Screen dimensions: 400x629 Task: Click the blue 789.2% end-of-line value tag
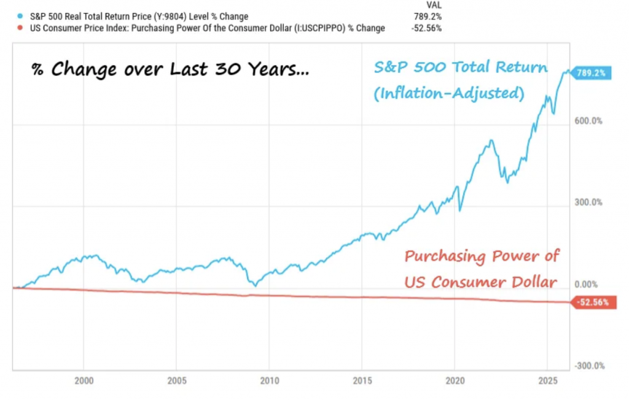(590, 73)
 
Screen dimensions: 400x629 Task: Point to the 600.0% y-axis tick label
(588, 121)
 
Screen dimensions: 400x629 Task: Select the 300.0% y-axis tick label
(588, 202)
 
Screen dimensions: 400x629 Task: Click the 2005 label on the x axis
(176, 380)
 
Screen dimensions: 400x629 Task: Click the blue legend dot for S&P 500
(23, 17)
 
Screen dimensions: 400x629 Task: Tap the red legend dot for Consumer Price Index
(23, 28)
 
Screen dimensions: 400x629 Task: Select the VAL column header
(433, 5)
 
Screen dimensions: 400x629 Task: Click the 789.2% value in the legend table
(428, 17)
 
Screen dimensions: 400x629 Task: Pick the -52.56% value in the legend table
(426, 28)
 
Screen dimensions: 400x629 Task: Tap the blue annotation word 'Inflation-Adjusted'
(449, 93)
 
